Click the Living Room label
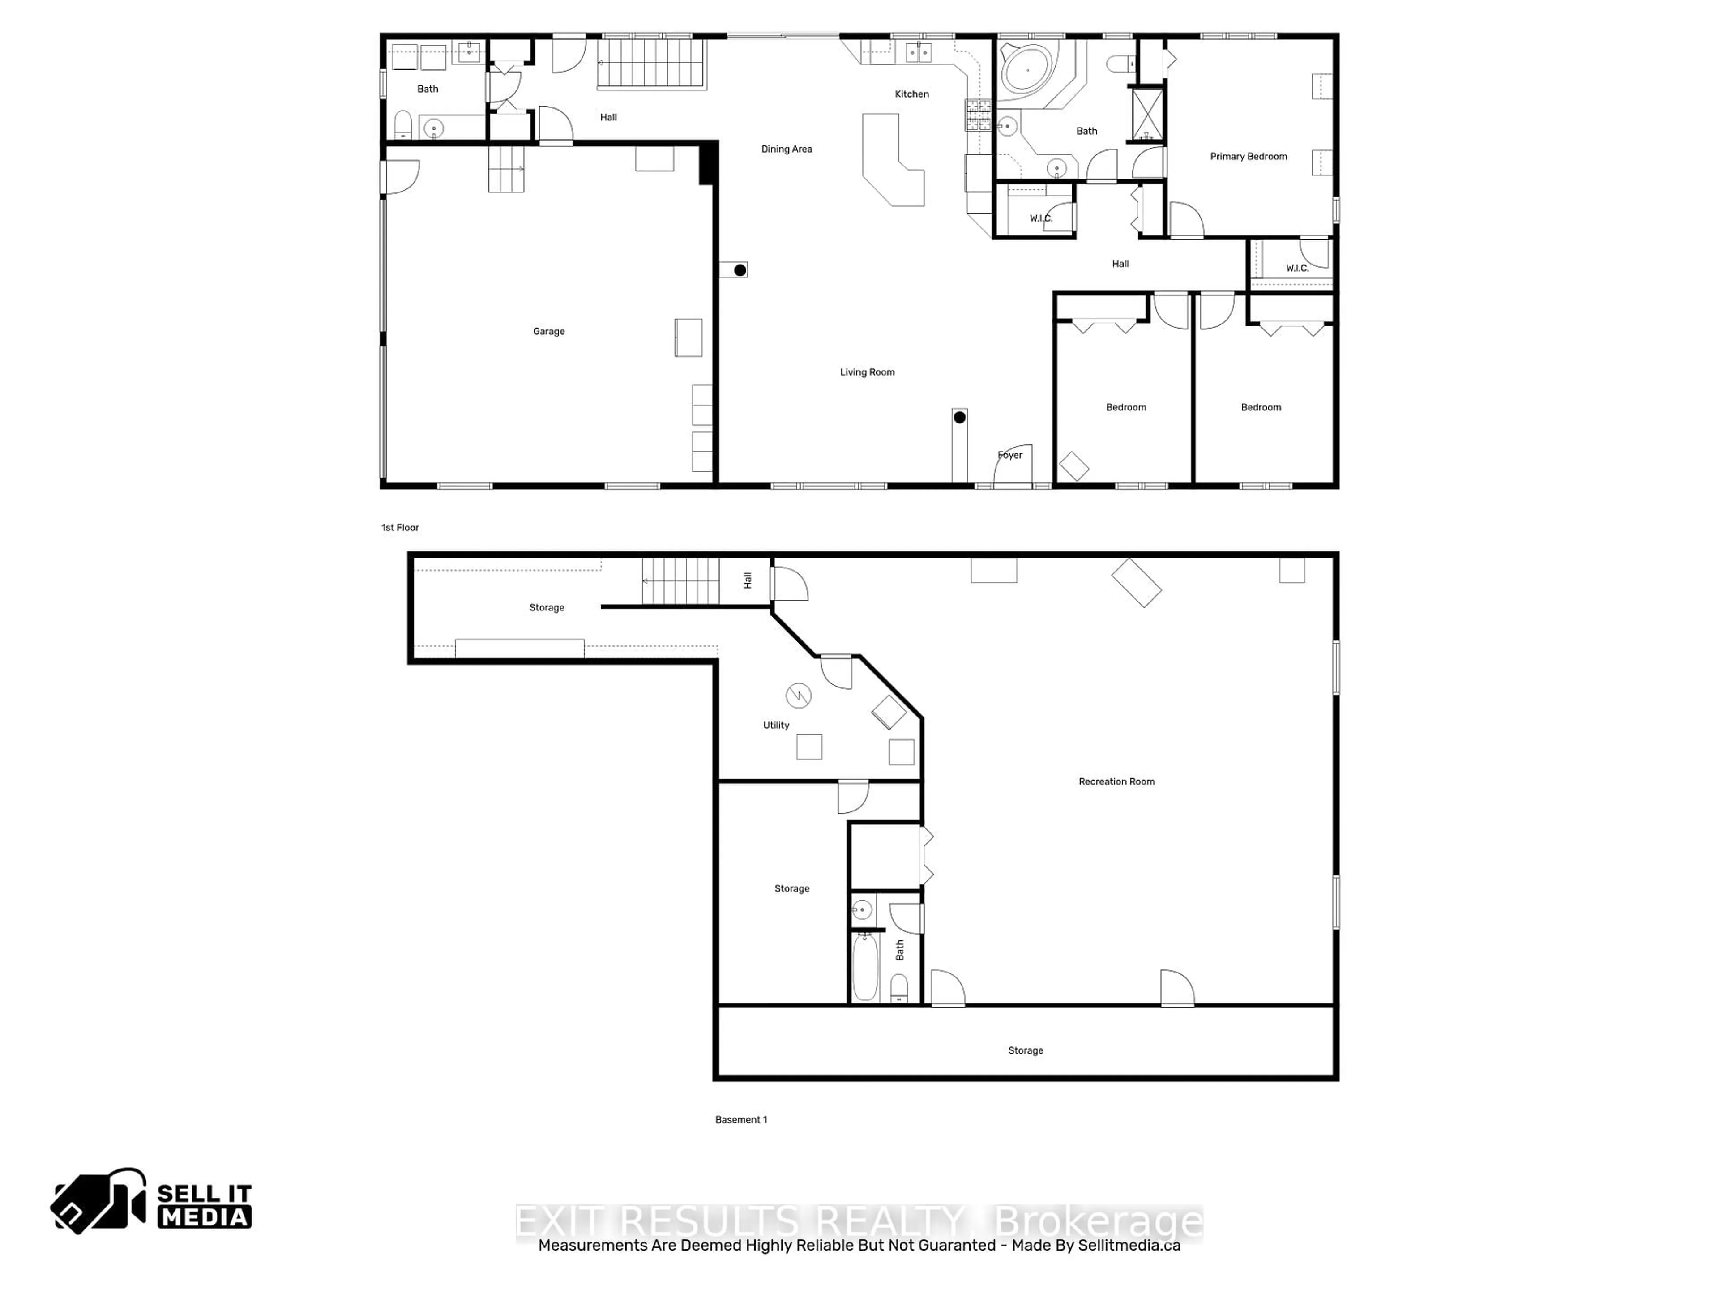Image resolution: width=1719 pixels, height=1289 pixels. [x=867, y=372]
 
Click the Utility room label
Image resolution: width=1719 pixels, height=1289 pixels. [x=776, y=725]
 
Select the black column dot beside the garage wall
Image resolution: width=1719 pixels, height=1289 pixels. [x=740, y=270]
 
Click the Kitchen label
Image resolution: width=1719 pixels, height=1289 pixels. [x=911, y=94]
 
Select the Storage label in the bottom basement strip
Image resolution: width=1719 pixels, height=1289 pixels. [x=1025, y=1050]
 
